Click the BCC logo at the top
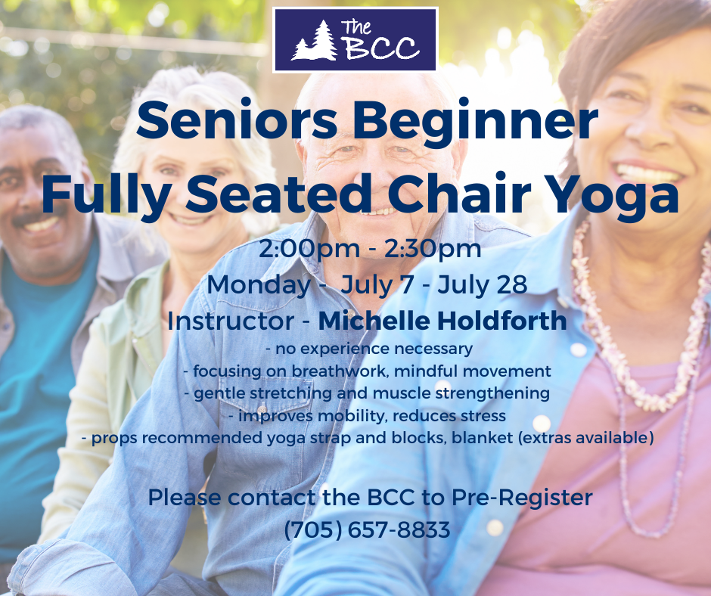point(355,40)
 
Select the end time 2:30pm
point(433,249)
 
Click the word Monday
point(259,285)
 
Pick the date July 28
point(483,285)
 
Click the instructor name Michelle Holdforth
point(442,321)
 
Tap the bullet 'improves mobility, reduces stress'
point(367,416)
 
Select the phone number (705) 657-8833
point(368,529)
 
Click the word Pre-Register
point(522,498)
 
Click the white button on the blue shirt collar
point(578,349)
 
